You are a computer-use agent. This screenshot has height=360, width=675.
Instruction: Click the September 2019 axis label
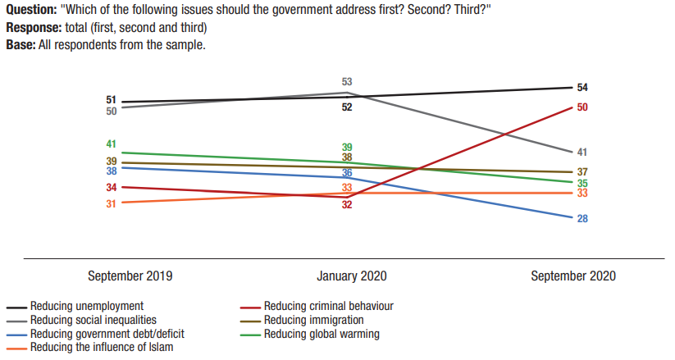point(130,276)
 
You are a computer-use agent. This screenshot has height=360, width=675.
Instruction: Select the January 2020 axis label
point(351,276)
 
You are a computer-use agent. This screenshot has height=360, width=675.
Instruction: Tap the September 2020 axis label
point(572,276)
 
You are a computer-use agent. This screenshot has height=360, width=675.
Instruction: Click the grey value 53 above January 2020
point(347,82)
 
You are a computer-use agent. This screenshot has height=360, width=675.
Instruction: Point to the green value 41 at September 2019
point(112,144)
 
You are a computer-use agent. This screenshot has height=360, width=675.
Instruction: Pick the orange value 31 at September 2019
point(112,203)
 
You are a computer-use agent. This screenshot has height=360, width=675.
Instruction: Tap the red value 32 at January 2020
point(347,205)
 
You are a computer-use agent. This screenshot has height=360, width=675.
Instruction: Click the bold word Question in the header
point(31,11)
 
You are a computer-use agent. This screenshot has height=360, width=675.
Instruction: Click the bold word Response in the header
point(33,27)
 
